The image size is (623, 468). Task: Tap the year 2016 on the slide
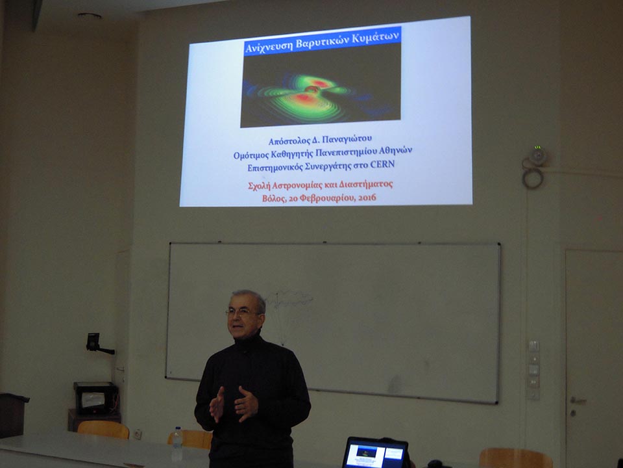tap(367, 197)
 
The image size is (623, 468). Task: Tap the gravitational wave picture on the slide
tap(320, 84)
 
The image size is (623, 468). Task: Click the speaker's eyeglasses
tap(241, 313)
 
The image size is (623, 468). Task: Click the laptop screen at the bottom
tap(374, 453)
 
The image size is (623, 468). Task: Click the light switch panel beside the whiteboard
tap(533, 370)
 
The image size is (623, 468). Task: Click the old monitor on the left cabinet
tap(96, 398)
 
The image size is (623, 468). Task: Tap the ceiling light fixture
tap(90, 16)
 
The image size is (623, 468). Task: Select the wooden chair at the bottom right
tap(516, 458)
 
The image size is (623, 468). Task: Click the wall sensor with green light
tap(537, 155)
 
